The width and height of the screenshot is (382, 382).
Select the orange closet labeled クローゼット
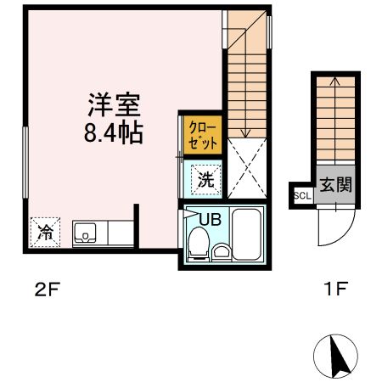(x=203, y=134)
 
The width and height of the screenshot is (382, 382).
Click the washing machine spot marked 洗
(x=205, y=179)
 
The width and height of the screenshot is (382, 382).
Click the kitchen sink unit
(x=87, y=232)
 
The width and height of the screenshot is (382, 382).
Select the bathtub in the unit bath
(x=247, y=233)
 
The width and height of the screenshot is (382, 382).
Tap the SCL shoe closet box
(x=301, y=194)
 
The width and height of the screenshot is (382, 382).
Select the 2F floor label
(x=47, y=290)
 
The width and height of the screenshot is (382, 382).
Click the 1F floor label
(x=335, y=290)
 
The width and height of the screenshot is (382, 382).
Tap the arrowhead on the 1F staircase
(x=334, y=81)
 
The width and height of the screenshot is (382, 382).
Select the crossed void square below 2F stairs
(x=247, y=169)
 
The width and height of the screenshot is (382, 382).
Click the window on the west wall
(x=25, y=161)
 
